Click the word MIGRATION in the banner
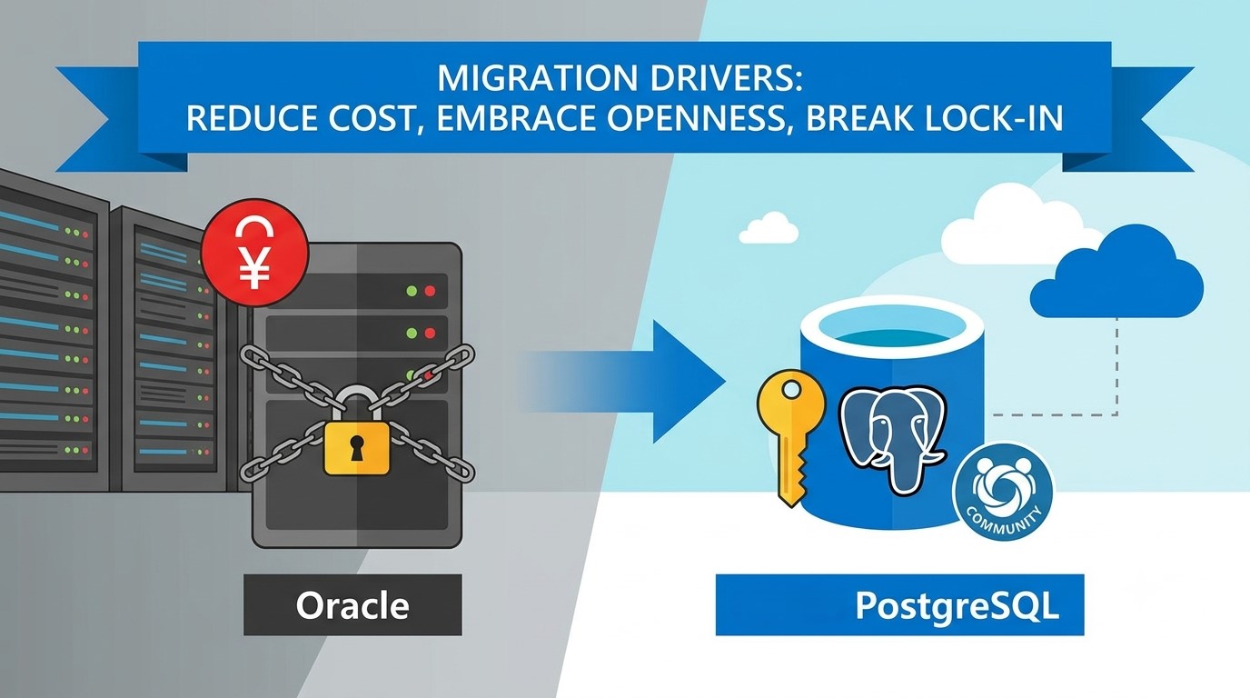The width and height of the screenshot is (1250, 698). click(537, 79)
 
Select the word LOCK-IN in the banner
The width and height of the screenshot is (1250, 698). click(992, 118)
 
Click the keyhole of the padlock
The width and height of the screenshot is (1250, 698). click(355, 448)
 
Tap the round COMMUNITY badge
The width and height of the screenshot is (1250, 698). click(1003, 494)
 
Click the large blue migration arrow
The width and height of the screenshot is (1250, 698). click(625, 382)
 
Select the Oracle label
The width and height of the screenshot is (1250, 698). click(352, 605)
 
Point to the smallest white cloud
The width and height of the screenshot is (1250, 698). click(768, 228)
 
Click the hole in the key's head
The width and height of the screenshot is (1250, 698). click(791, 392)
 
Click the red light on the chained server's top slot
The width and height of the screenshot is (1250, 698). click(430, 290)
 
